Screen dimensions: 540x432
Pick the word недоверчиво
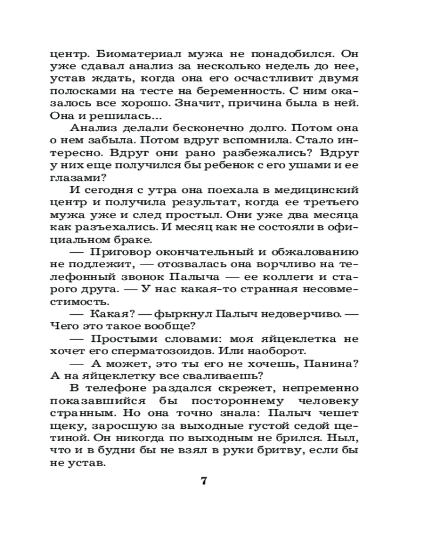pyautogui.click(x=304, y=327)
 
